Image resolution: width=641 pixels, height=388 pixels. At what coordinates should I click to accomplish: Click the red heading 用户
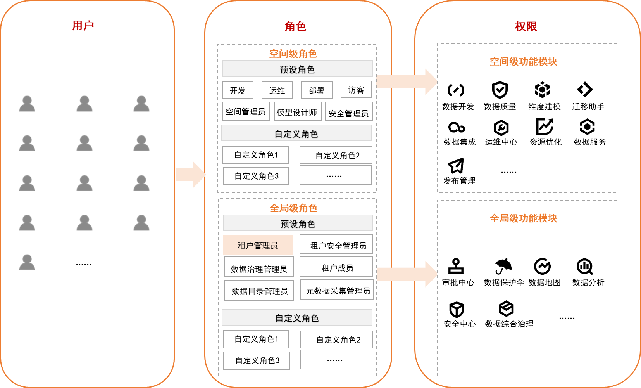pyautogui.click(x=83, y=26)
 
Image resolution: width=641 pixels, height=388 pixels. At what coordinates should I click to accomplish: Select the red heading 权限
pyautogui.click(x=526, y=26)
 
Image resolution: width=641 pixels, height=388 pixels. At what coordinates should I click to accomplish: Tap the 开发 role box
pyautogui.click(x=238, y=90)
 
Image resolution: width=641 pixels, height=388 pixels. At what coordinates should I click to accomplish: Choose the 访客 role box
pyautogui.click(x=356, y=90)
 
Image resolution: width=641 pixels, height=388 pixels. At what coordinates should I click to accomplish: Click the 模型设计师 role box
pyautogui.click(x=297, y=112)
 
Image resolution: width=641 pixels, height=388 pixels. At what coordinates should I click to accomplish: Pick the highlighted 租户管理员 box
pyautogui.click(x=258, y=245)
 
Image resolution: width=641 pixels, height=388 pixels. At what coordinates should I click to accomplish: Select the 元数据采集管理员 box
pyautogui.click(x=337, y=290)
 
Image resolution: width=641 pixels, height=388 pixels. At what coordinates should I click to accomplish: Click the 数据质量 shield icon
pyautogui.click(x=500, y=90)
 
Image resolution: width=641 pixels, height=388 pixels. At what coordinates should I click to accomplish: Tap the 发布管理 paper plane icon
pyautogui.click(x=456, y=166)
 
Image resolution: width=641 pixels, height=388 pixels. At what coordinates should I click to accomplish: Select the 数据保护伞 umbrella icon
pyautogui.click(x=503, y=266)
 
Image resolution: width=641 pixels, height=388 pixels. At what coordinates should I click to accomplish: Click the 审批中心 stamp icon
pyautogui.click(x=456, y=266)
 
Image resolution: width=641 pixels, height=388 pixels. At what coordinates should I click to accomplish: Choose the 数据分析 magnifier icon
pyautogui.click(x=585, y=266)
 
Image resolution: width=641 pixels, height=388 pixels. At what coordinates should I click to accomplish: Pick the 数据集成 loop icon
pyautogui.click(x=456, y=127)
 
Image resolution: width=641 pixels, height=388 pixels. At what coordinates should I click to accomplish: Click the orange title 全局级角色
pyautogui.click(x=293, y=208)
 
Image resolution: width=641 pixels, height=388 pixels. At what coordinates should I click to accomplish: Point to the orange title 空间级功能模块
pyautogui.click(x=523, y=62)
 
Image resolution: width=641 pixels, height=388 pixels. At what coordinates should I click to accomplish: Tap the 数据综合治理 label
pyautogui.click(x=509, y=324)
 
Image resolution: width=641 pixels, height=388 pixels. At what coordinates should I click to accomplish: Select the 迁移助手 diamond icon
pyautogui.click(x=584, y=90)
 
